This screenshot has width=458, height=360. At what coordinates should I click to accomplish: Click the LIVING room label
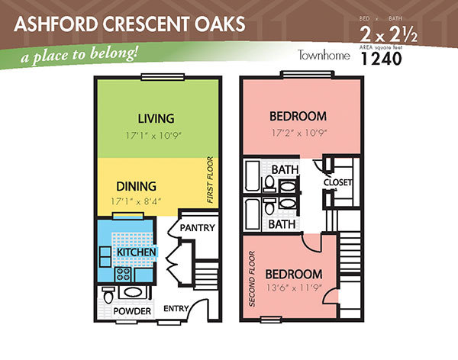pyautogui.click(x=156, y=118)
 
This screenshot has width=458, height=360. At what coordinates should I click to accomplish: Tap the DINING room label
pyautogui.click(x=136, y=186)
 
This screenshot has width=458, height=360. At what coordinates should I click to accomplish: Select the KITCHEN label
pyautogui.click(x=137, y=252)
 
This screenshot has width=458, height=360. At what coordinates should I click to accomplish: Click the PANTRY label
pyautogui.click(x=197, y=228)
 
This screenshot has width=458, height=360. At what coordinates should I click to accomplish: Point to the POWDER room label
pyautogui.click(x=132, y=311)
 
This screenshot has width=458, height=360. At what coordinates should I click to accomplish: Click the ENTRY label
pyautogui.click(x=176, y=309)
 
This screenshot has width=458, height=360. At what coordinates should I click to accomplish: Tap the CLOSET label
pyautogui.click(x=337, y=182)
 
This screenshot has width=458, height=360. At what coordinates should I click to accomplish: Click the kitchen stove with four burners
pyautogui.click(x=123, y=275)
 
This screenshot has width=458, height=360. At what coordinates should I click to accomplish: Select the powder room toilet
pyautogui.click(x=108, y=295)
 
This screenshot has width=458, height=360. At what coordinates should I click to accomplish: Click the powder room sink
pyautogui.click(x=133, y=293)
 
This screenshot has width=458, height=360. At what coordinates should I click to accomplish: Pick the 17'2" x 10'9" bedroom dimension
pyautogui.click(x=299, y=133)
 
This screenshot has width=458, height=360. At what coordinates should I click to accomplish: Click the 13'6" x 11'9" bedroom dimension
pyautogui.click(x=294, y=288)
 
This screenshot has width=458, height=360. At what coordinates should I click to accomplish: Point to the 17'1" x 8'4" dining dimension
pyautogui.click(x=136, y=201)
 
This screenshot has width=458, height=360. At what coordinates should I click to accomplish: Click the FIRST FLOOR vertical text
pyautogui.click(x=210, y=180)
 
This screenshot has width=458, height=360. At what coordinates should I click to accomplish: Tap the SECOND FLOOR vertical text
pyautogui.click(x=252, y=279)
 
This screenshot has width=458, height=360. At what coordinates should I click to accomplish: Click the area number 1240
pyautogui.click(x=382, y=59)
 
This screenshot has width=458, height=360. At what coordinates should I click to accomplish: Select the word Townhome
pyautogui.click(x=324, y=55)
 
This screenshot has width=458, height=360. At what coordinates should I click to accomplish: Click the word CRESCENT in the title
pyautogui.click(x=146, y=24)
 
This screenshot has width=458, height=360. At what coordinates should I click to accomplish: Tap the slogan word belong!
pyautogui.click(x=114, y=53)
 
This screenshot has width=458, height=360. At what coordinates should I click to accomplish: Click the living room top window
pyautogui.click(x=163, y=77)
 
